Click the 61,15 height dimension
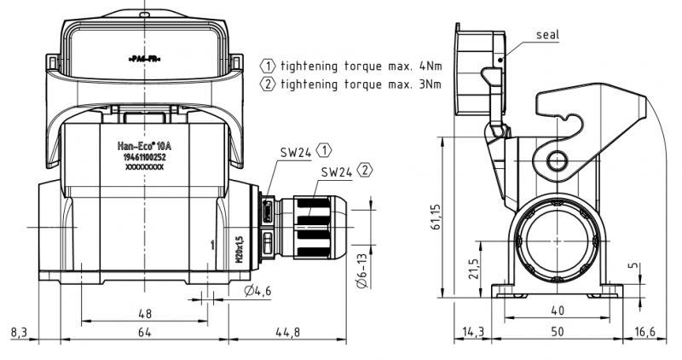436,217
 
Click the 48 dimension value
144,313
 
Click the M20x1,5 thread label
240,248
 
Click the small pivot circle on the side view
558,160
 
